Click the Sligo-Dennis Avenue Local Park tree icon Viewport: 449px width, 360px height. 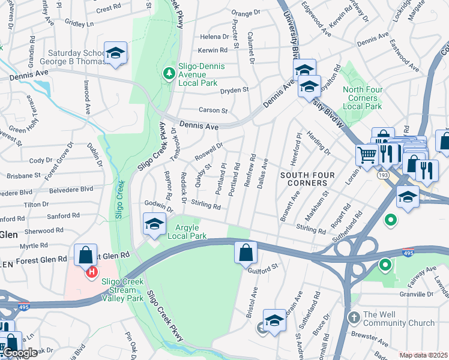click(169, 73)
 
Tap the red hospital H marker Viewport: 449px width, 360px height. click(91, 273)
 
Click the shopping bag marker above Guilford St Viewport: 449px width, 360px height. click(246, 253)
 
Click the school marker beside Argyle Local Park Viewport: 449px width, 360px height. click(154, 224)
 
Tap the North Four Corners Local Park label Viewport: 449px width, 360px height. click(362, 98)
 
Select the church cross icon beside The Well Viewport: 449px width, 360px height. click(354, 316)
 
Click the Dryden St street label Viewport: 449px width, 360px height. click(234, 90)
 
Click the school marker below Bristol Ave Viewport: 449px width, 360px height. click(274, 320)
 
